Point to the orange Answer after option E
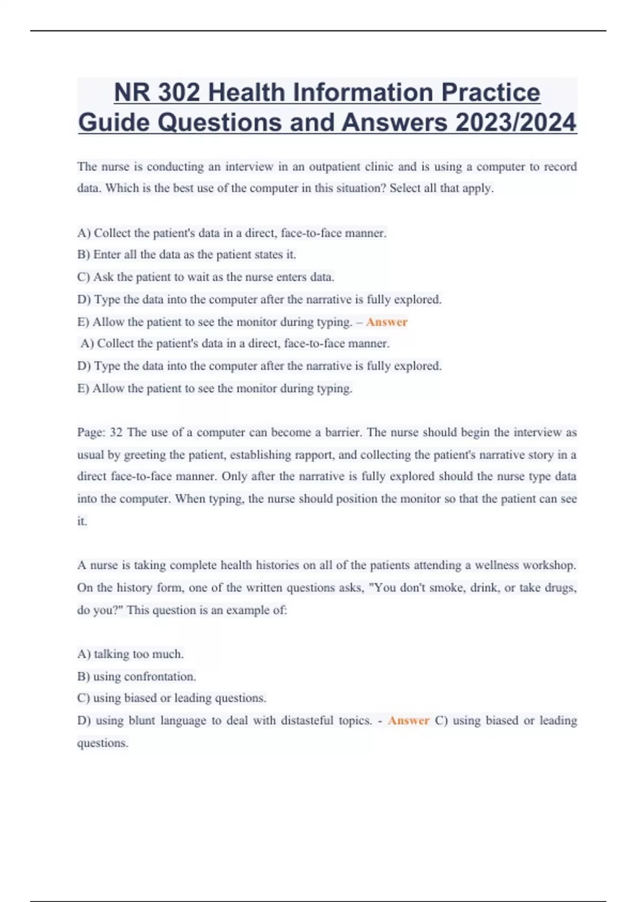[386, 322]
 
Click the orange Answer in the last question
[408, 721]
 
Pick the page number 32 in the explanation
[116, 432]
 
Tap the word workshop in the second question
[549, 565]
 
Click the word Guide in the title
[114, 123]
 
